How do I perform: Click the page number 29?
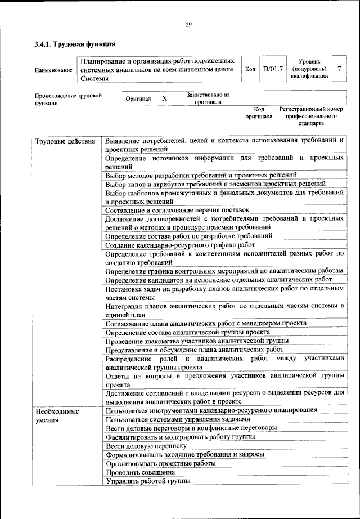[188, 24]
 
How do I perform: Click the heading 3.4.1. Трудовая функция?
[75, 44]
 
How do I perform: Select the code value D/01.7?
[273, 69]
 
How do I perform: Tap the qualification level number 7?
[339, 69]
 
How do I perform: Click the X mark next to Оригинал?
[165, 99]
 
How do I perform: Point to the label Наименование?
[53, 70]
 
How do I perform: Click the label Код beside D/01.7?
[250, 69]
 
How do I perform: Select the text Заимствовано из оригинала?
[208, 99]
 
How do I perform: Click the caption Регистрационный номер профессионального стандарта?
[311, 116]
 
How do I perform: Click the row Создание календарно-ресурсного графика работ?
[180, 245]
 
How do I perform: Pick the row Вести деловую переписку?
[145, 445]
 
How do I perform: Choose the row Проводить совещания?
[140, 472]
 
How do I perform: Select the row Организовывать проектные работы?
[160, 463]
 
